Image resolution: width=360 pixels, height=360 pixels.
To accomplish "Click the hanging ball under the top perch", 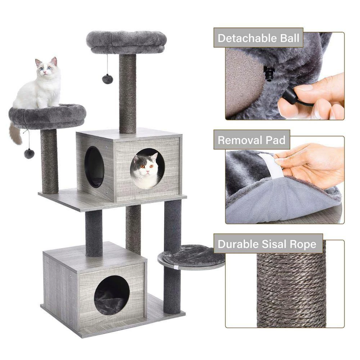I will pyautogui.click(x=107, y=79).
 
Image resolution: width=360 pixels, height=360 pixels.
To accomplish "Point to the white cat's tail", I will pyautogui.click(x=15, y=134).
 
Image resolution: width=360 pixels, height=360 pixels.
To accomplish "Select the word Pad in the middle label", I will pyautogui.click(x=276, y=140).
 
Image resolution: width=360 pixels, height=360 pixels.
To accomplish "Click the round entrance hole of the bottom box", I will pyautogui.click(x=112, y=295).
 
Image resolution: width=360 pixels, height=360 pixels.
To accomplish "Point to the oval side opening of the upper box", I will pyautogui.click(x=94, y=167).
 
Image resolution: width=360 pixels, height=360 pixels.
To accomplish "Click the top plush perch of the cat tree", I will pyautogui.click(x=126, y=41).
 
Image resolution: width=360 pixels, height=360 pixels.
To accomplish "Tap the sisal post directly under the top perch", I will pyautogui.click(x=128, y=94).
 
